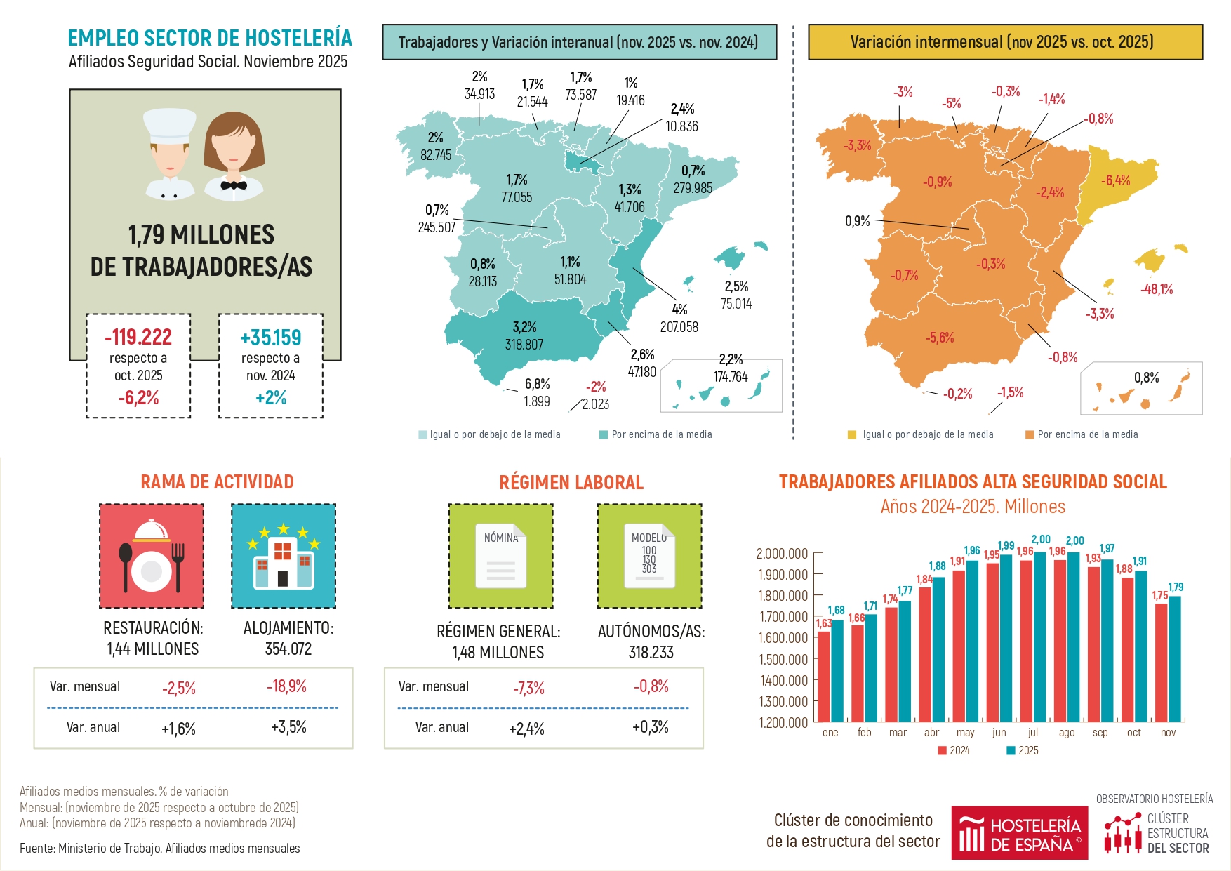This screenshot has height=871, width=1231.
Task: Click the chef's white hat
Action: pyautogui.click(x=169, y=125)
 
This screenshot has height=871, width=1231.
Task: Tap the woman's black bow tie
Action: pyautogui.click(x=233, y=186)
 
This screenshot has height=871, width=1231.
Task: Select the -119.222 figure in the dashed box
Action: pyautogui.click(x=138, y=338)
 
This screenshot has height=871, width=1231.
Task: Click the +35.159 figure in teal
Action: pyautogui.click(x=270, y=338)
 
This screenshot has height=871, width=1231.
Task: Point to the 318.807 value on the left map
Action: pyautogui.click(x=524, y=345)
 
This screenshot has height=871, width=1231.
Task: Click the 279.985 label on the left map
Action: pyautogui.click(x=693, y=188)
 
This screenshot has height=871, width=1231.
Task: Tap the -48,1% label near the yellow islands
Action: pyautogui.click(x=1157, y=289)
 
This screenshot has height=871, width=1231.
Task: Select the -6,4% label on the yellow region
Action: pyautogui.click(x=1115, y=180)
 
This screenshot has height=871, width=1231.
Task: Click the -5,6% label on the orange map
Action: pyautogui.click(x=940, y=338)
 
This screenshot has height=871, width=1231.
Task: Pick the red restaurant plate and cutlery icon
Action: pyautogui.click(x=152, y=556)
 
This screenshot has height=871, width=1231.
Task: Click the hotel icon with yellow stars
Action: pyautogui.click(x=284, y=556)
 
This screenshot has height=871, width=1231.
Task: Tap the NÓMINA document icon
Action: pyautogui.click(x=500, y=556)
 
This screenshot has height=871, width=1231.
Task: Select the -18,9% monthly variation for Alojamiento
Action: pyautogui.click(x=286, y=686)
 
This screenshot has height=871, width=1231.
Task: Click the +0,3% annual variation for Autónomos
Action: pyautogui.click(x=650, y=727)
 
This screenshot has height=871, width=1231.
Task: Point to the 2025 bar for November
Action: pyautogui.click(x=1175, y=658)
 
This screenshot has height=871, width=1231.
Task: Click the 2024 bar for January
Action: pyautogui.click(x=824, y=676)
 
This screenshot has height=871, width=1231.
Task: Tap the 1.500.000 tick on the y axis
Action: pyautogui.click(x=783, y=659)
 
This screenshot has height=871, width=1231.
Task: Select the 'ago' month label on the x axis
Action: pyautogui.click(x=1066, y=733)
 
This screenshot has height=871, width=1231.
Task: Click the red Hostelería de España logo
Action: pyautogui.click(x=1019, y=833)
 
